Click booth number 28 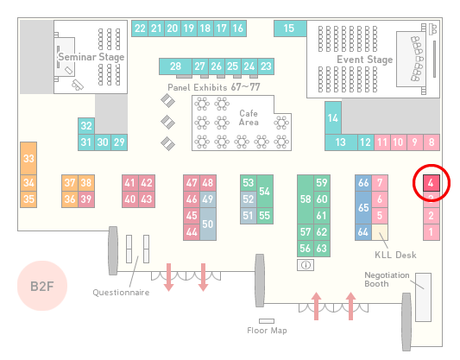click(x=175, y=66)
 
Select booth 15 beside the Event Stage click(x=290, y=28)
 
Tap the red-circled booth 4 click(x=432, y=183)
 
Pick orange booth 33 click(x=28, y=159)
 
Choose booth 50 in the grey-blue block click(x=208, y=224)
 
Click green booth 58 click(x=306, y=199)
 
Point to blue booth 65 click(x=363, y=207)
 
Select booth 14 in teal click(x=333, y=118)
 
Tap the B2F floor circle click(x=42, y=286)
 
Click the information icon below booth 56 click(x=306, y=265)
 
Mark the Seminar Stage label click(x=91, y=57)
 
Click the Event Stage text click(x=365, y=60)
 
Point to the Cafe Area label click(x=249, y=117)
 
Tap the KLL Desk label click(x=395, y=255)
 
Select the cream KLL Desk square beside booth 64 click(x=380, y=232)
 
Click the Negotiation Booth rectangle click(x=424, y=297)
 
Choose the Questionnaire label click(x=121, y=293)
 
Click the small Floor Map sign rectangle click(x=267, y=321)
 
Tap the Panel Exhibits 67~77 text click(x=214, y=87)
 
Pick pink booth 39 click(x=86, y=199)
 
